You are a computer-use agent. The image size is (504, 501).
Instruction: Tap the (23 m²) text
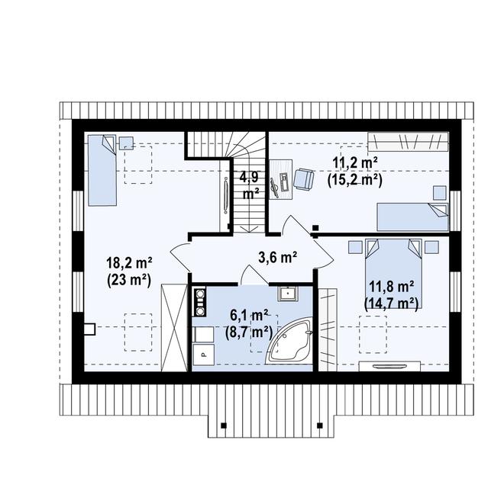[x=128, y=279]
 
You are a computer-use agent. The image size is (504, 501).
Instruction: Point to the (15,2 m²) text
[x=354, y=179]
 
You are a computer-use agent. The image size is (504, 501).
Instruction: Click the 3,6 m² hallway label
[x=278, y=257]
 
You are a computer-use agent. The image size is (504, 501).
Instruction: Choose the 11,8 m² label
[x=392, y=287]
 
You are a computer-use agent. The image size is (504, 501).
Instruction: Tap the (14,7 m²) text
[x=392, y=303]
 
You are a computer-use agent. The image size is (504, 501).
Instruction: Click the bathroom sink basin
[x=289, y=294]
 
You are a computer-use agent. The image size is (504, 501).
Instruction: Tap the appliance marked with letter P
[x=202, y=352]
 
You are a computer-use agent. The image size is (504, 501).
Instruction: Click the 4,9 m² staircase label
[x=247, y=185]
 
